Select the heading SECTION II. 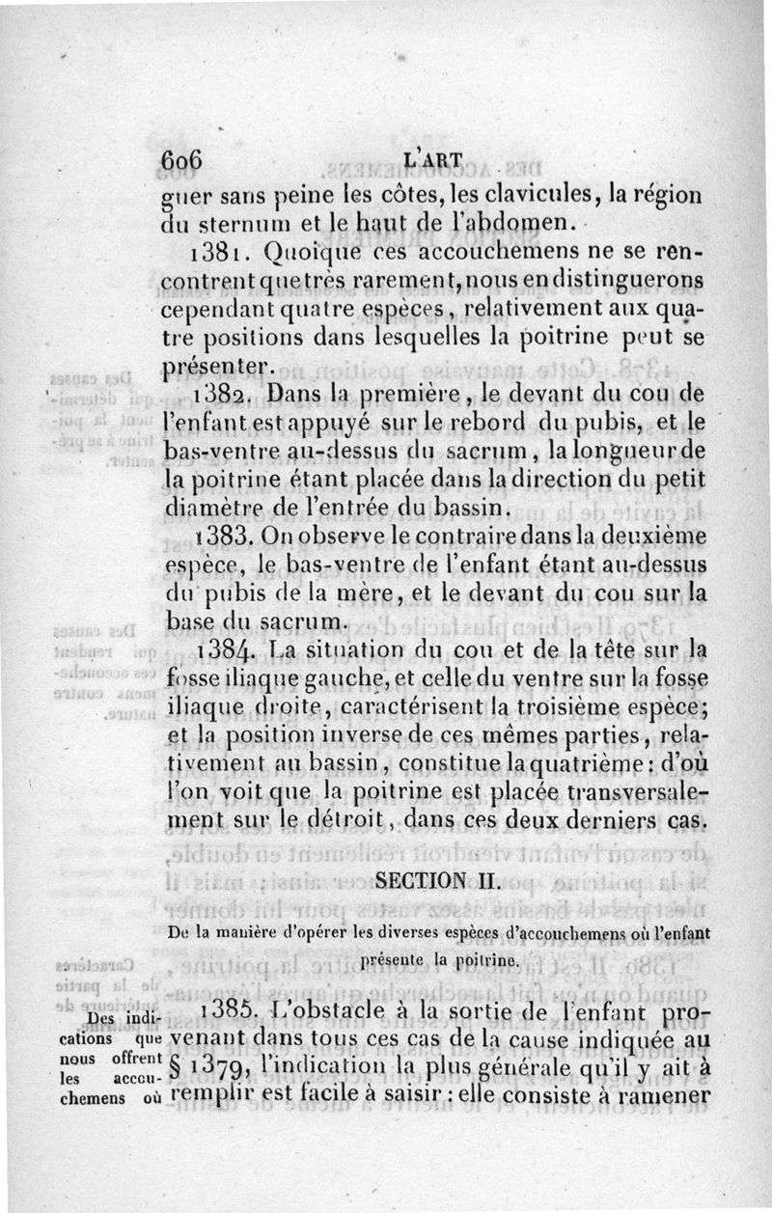coord(434,881)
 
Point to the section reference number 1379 coord(221,1067)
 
